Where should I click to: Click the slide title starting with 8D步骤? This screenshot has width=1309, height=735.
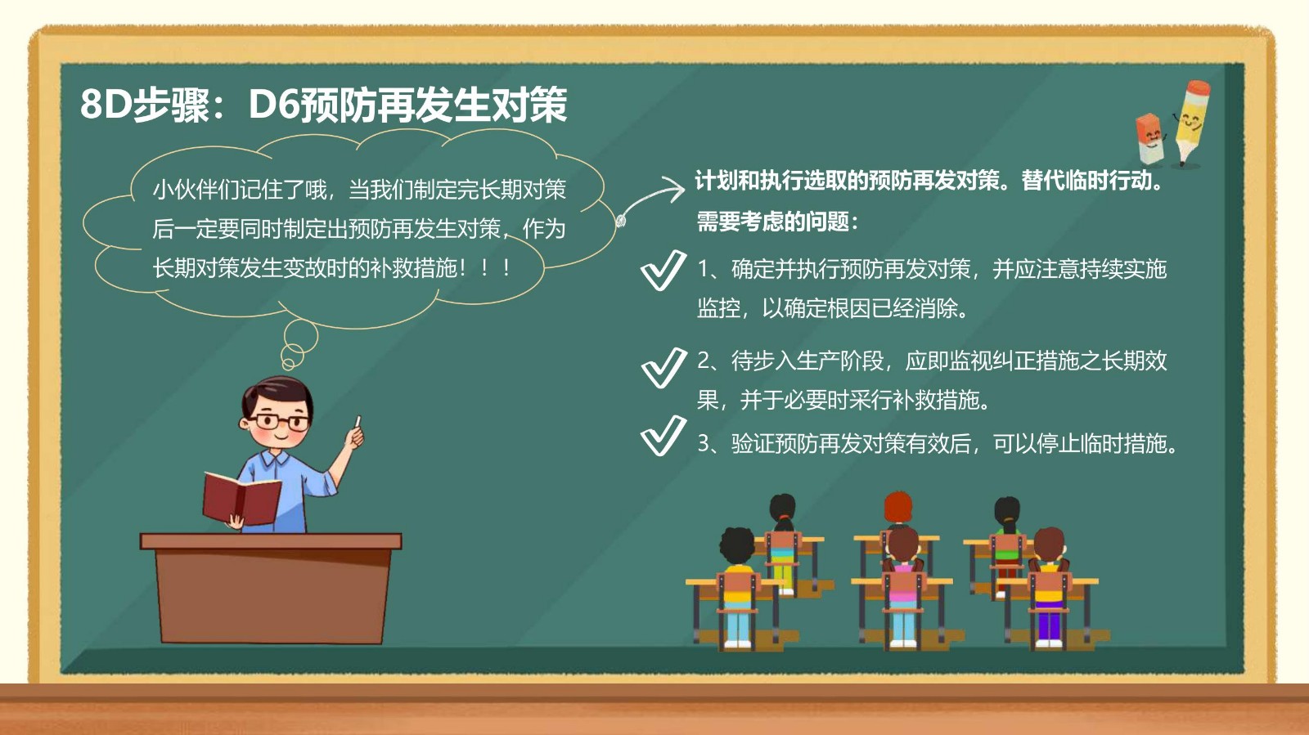323,105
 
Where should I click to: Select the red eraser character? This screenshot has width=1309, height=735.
1150,139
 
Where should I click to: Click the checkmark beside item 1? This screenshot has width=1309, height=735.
663,270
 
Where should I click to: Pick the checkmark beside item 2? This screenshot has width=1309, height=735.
663,367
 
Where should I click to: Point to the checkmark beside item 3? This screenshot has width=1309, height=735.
663,435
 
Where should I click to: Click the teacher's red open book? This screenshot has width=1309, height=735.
241,497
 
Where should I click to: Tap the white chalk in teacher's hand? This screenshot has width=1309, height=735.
358,422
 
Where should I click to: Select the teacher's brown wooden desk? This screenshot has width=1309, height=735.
271,589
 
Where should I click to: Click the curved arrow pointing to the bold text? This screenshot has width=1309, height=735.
650,199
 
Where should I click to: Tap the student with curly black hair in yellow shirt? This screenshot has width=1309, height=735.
737,587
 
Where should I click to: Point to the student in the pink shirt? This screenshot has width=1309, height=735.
903,587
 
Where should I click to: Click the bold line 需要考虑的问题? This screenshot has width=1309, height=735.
777,222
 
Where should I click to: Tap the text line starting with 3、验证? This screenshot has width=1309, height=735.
938,444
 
